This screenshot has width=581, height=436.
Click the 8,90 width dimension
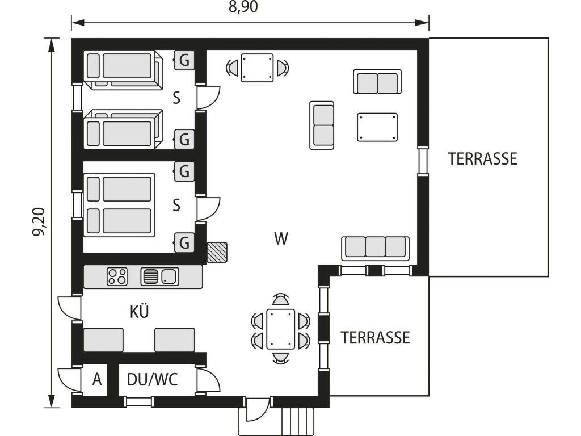click(x=243, y=7)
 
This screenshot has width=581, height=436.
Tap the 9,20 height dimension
click(x=39, y=222)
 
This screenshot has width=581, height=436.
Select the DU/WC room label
click(x=152, y=380)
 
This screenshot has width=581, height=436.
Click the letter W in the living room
click(x=281, y=238)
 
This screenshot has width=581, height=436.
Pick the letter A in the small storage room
click(x=96, y=380)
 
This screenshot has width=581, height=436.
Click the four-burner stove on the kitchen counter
click(x=117, y=276)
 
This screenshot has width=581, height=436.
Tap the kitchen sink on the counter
click(x=159, y=276)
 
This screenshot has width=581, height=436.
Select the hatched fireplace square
click(x=217, y=253)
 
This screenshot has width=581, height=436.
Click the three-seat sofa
click(x=376, y=248)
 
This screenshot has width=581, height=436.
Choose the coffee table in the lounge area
click(x=377, y=127)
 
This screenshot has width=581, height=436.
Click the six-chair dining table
click(x=280, y=329)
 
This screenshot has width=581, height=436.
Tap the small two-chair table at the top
click(x=257, y=68)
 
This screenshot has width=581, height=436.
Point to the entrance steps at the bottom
click(x=298, y=422)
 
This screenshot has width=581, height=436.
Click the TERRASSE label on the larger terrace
click(x=482, y=159)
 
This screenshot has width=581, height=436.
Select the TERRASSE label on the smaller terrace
click(x=376, y=338)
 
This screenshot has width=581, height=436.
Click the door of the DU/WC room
click(x=208, y=379)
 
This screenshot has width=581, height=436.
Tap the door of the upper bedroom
click(x=208, y=98)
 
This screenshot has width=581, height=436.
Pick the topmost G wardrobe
click(x=184, y=60)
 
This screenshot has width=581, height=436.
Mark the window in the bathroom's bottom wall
click(x=138, y=401)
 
